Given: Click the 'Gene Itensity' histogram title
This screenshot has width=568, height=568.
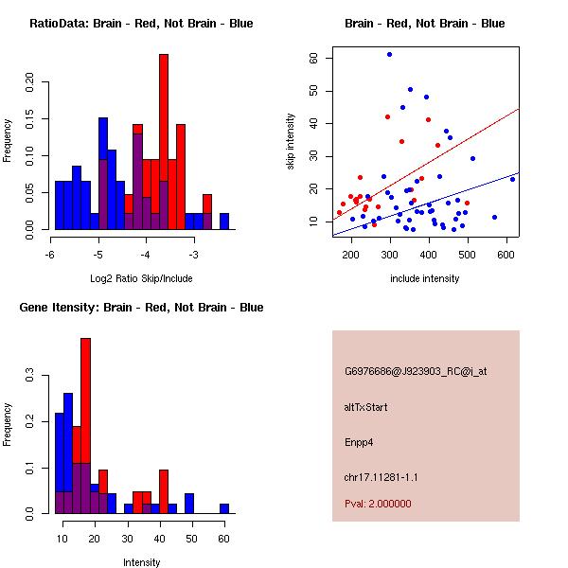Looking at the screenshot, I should (x=140, y=308).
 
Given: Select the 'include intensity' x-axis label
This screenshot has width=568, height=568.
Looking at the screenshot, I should (x=425, y=278).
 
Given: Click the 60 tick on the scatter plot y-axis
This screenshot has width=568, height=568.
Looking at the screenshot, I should (x=313, y=58).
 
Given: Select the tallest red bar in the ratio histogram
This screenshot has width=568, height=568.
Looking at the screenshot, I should (x=164, y=142).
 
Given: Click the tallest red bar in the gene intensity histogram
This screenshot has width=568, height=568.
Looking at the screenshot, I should (x=86, y=426).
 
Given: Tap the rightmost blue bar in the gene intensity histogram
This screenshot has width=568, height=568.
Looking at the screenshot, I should (x=224, y=508).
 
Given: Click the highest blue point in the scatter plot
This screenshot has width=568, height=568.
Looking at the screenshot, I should (x=389, y=54).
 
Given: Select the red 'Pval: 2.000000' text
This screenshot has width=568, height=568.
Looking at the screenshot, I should (x=378, y=504).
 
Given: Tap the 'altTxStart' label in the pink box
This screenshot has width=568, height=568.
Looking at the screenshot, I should (x=366, y=407).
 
